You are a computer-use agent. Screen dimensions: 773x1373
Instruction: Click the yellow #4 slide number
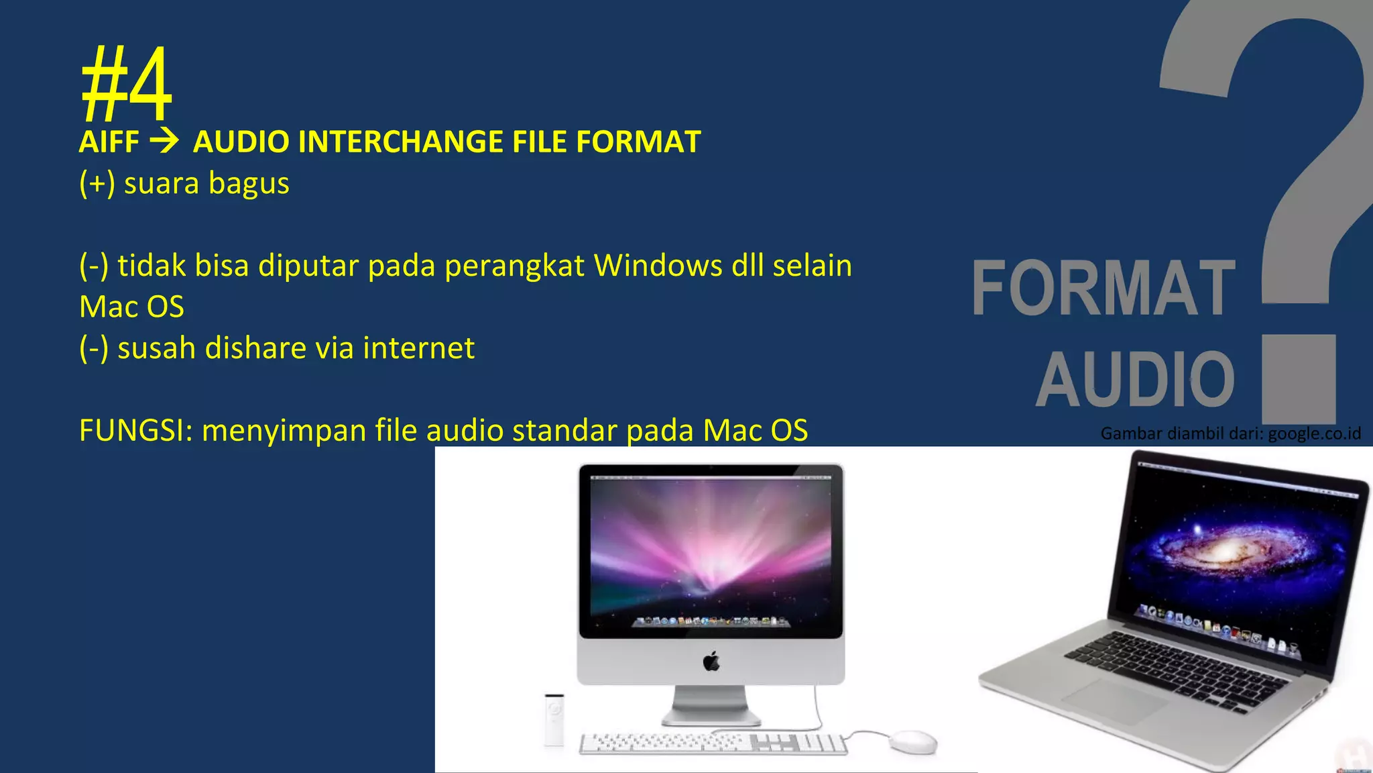pos(126,84)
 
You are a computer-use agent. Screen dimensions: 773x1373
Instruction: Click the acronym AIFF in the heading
pos(109,142)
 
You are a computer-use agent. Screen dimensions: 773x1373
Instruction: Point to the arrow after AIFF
pos(164,141)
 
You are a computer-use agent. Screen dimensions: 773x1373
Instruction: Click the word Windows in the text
pos(658,266)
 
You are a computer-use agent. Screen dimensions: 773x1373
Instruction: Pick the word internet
pos(418,348)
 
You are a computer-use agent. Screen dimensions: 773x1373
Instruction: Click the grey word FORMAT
pos(1103,288)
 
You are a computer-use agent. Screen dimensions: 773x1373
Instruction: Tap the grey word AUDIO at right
pos(1135,380)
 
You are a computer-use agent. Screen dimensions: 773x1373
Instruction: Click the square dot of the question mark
pos(1299,379)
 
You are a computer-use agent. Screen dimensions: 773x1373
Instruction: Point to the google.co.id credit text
pos(1314,433)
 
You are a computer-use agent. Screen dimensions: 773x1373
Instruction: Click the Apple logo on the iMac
pos(711,662)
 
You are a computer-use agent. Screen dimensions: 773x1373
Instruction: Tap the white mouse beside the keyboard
pos(913,741)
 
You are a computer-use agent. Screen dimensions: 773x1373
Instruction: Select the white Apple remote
pos(554,719)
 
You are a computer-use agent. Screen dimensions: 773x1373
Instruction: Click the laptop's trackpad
pos(1113,701)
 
